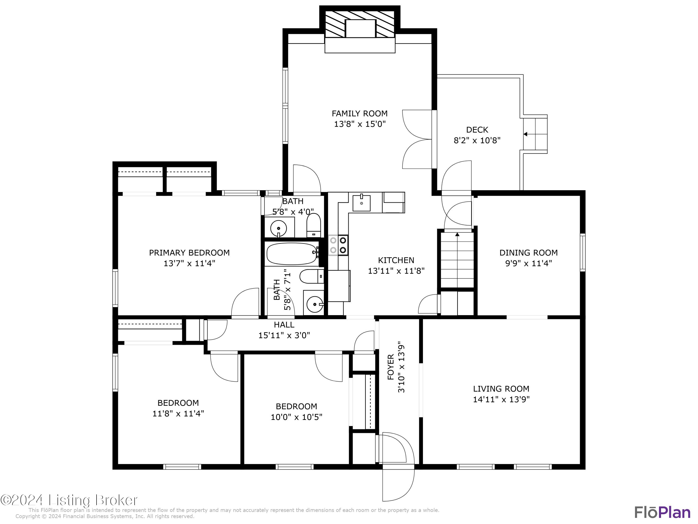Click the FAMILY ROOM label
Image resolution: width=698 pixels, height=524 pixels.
click(359, 113)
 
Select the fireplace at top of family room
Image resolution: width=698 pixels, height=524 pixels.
click(360, 29)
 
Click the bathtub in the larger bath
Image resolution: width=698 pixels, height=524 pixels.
click(292, 254)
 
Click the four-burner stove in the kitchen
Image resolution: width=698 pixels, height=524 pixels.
click(338, 245)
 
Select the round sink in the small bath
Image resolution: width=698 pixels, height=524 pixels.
click(279, 227)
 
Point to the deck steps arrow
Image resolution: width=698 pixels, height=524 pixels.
click(525, 134)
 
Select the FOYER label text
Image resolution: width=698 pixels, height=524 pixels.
click(391, 367)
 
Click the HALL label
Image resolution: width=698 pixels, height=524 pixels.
click(284, 324)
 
